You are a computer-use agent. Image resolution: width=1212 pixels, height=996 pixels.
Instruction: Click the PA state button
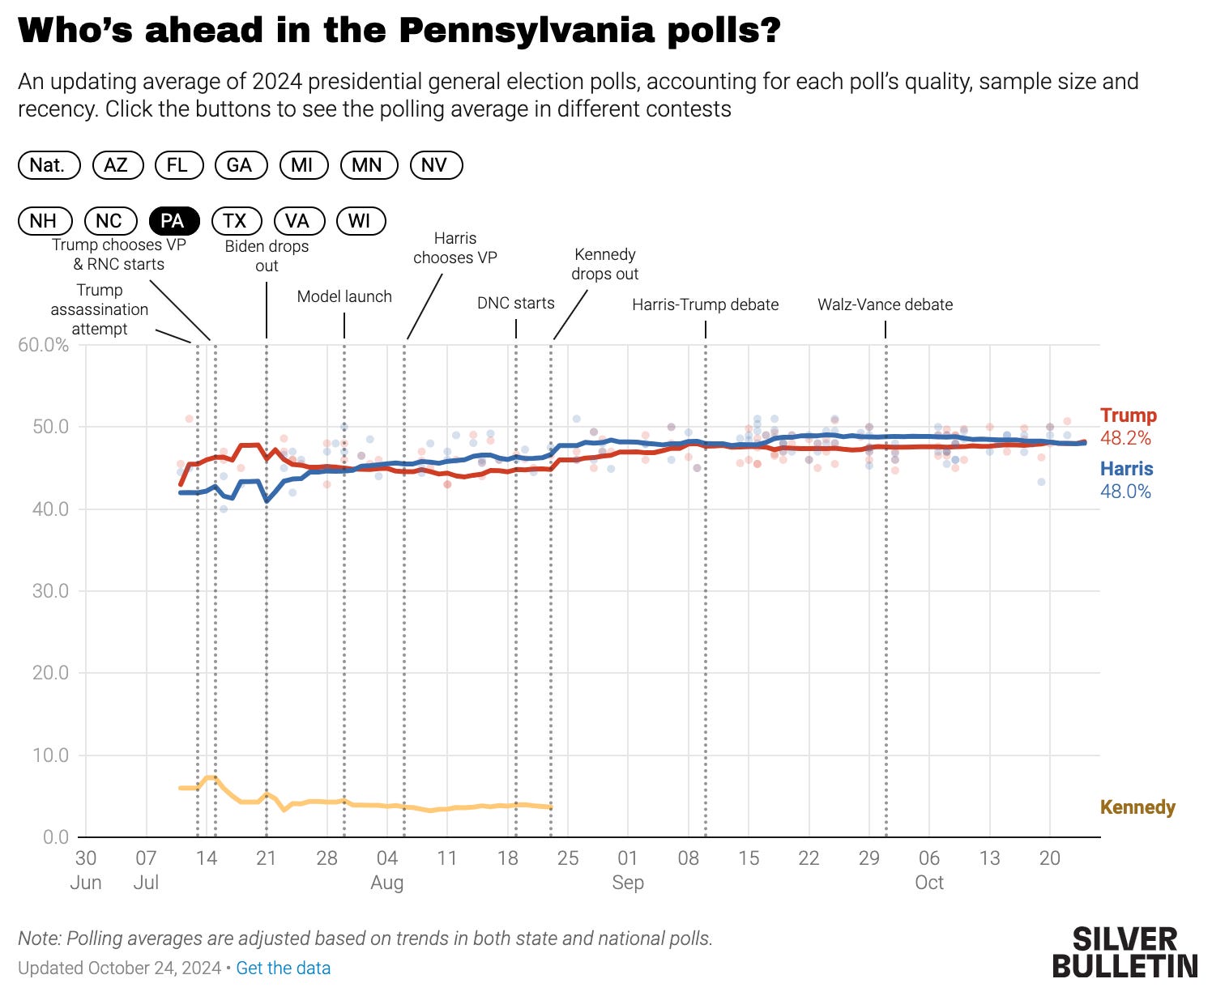tap(172, 221)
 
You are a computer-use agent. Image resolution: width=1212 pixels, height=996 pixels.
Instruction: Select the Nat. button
tap(49, 165)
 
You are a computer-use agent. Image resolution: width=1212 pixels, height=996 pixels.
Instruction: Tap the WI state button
tap(360, 221)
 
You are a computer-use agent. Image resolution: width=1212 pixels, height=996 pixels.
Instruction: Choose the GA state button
tap(239, 165)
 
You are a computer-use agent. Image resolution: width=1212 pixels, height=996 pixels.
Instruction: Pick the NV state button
tap(434, 165)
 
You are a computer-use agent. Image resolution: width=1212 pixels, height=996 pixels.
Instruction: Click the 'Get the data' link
tap(284, 968)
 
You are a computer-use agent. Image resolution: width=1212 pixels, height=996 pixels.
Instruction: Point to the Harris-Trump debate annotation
tap(705, 304)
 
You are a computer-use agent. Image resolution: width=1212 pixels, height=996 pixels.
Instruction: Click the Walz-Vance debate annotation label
tap(885, 304)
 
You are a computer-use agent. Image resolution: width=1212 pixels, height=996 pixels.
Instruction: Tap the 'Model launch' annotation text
tap(344, 296)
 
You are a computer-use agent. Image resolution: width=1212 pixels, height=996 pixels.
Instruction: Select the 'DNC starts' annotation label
tap(516, 303)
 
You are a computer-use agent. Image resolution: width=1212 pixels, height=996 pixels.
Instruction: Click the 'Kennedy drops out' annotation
tap(604, 264)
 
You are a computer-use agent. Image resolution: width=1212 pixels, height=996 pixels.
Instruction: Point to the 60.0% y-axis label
tap(44, 345)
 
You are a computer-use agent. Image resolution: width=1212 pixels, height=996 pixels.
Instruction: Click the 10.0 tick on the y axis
tap(50, 755)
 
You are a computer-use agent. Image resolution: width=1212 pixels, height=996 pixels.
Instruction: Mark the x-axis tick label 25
tap(568, 858)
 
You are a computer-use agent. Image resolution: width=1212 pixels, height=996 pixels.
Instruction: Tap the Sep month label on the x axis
tap(628, 883)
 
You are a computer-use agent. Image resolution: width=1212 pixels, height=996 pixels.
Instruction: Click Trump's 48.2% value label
tap(1125, 438)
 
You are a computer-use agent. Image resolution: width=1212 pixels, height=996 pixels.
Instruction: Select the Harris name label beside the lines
tap(1126, 469)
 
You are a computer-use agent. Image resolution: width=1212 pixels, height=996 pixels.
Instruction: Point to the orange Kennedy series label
tap(1137, 807)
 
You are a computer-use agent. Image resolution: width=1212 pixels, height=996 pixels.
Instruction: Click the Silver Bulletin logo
tap(1125, 952)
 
